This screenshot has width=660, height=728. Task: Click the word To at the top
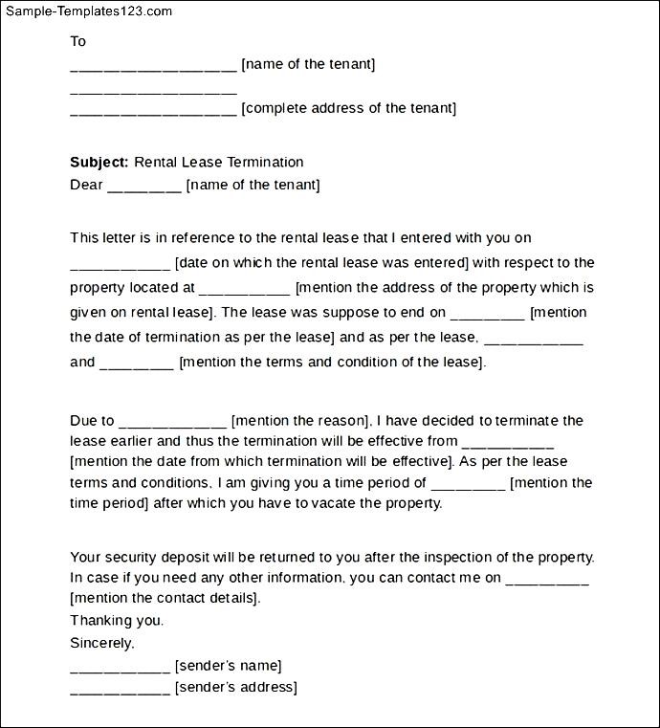78,41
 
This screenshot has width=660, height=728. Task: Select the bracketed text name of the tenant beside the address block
308,64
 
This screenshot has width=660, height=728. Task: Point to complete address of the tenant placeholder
349,108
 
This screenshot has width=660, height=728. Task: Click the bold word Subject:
99,162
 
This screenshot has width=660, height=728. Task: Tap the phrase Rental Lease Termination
219,162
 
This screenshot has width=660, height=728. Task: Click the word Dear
86,185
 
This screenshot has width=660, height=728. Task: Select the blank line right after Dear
144,188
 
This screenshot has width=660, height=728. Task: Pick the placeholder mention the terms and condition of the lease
333,362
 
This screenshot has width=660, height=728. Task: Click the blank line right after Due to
173,424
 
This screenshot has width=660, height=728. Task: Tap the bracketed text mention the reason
301,420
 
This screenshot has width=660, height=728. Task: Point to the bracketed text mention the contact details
165,598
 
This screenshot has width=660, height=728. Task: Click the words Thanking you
117,620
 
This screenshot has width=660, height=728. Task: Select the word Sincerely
102,643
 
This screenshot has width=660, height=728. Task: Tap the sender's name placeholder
228,665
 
